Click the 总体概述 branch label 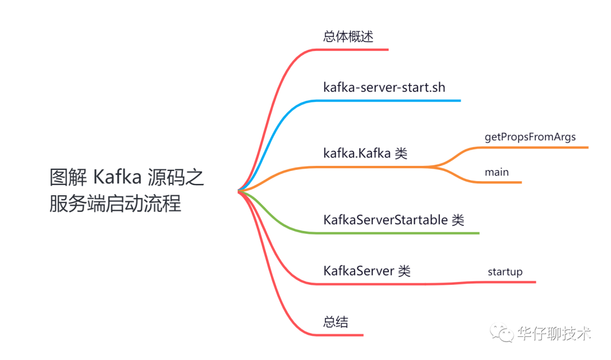tap(348, 37)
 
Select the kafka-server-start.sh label tap(384, 87)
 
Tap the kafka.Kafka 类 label tap(365, 153)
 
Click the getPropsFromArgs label tap(530, 138)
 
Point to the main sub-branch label tap(497, 172)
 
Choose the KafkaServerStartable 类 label tap(394, 220)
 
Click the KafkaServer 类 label tap(367, 271)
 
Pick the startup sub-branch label tap(505, 272)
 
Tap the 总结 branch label tap(335, 322)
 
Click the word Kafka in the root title tap(117, 177)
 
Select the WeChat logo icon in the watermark tap(502, 333)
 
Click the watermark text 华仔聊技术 tap(554, 333)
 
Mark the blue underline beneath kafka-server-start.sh tap(388, 101)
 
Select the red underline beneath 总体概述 tap(351, 50)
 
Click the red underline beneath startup tap(506, 282)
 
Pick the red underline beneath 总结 tap(339, 335)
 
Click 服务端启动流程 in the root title tap(115, 203)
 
